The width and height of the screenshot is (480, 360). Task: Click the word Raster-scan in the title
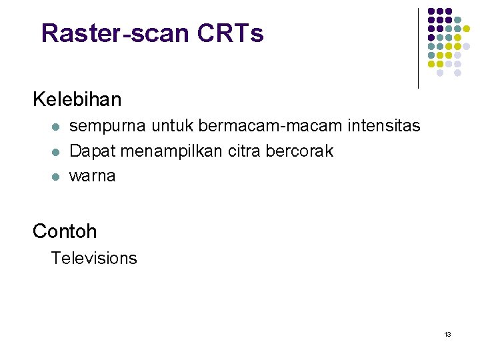click(116, 33)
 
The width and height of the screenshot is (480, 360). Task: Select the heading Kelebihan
click(77, 100)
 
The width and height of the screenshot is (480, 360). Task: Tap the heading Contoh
click(65, 231)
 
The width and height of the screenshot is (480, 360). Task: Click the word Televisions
click(94, 259)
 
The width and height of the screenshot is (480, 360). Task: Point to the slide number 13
click(447, 334)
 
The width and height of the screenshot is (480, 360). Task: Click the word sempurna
click(108, 126)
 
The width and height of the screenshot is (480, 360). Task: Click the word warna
click(92, 177)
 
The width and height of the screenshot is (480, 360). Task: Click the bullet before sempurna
click(56, 127)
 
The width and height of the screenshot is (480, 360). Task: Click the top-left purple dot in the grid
click(431, 12)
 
